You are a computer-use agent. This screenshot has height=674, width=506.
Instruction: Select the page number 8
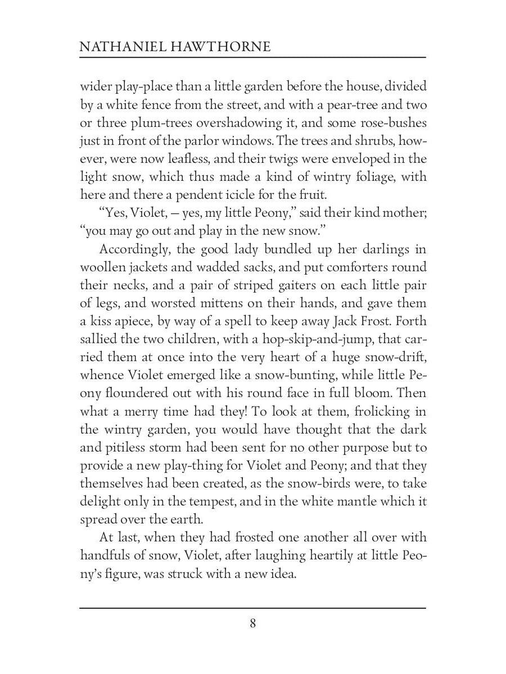[253, 623]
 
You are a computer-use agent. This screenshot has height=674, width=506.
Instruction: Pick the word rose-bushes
[394, 123]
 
